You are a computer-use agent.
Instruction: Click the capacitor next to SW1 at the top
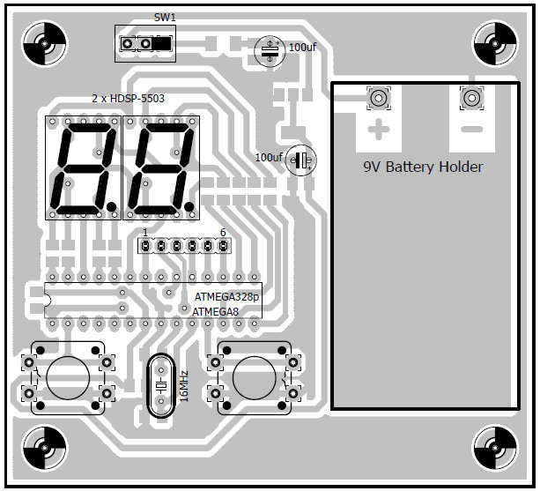click(270, 50)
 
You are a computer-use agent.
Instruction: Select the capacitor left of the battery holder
click(301, 160)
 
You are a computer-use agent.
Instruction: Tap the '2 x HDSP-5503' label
click(129, 100)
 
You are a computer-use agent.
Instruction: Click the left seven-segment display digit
click(83, 167)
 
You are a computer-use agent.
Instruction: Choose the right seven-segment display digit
click(161, 167)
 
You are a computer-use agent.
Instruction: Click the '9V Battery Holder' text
click(423, 167)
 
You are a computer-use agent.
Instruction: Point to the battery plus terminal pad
click(379, 99)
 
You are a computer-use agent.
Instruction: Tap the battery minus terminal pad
click(473, 99)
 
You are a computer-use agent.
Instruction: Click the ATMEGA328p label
click(227, 298)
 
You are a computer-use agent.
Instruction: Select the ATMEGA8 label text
click(215, 311)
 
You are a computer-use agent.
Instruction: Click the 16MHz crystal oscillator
click(160, 386)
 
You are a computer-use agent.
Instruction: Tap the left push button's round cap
click(68, 378)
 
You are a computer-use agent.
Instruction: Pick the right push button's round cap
click(253, 378)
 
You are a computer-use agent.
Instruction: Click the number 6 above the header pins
click(223, 233)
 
